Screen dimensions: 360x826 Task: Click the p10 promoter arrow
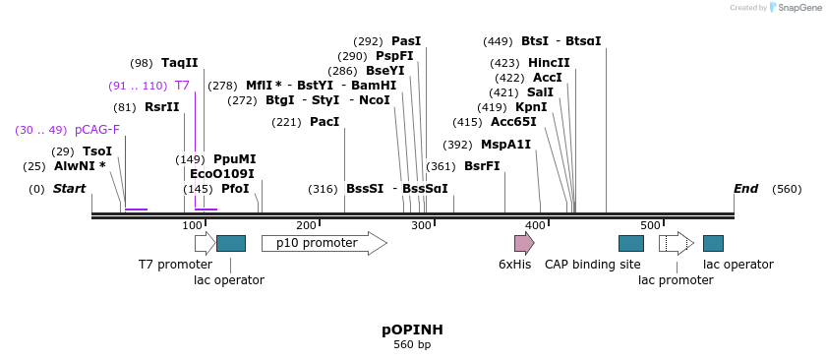tap(324, 243)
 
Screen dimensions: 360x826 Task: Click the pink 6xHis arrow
tap(524, 243)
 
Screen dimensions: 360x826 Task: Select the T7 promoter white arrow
tap(205, 243)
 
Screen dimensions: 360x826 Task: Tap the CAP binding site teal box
tap(630, 243)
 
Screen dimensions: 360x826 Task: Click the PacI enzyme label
tap(324, 122)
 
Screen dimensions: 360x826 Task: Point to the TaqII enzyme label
tap(179, 63)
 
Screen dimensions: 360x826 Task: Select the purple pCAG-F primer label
tap(97, 130)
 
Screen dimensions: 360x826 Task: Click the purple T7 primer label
tap(182, 86)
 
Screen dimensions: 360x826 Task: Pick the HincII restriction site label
tap(549, 63)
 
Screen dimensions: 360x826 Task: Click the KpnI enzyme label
tap(531, 107)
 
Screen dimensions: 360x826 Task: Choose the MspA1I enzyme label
tap(505, 145)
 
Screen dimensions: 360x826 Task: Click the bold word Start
tap(70, 189)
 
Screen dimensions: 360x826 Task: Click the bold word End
tap(745, 189)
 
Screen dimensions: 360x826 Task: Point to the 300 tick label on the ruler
tap(422, 226)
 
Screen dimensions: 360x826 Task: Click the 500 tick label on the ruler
tap(651, 226)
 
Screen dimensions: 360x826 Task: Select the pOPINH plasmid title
tap(412, 330)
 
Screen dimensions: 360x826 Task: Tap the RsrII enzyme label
tap(162, 107)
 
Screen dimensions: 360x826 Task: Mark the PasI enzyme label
tap(406, 41)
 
